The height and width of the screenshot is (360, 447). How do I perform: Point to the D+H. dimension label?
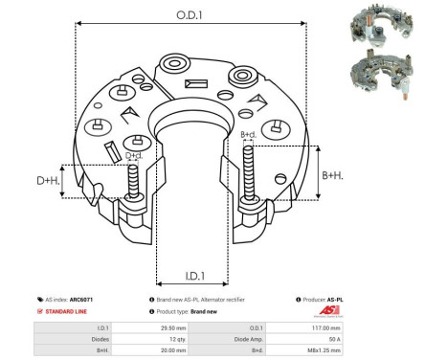pos(47,180)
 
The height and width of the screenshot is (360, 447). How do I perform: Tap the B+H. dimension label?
pos(332,175)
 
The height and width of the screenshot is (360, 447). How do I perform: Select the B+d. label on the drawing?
pos(248,134)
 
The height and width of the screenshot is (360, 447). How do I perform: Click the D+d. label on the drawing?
pos(134,154)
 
